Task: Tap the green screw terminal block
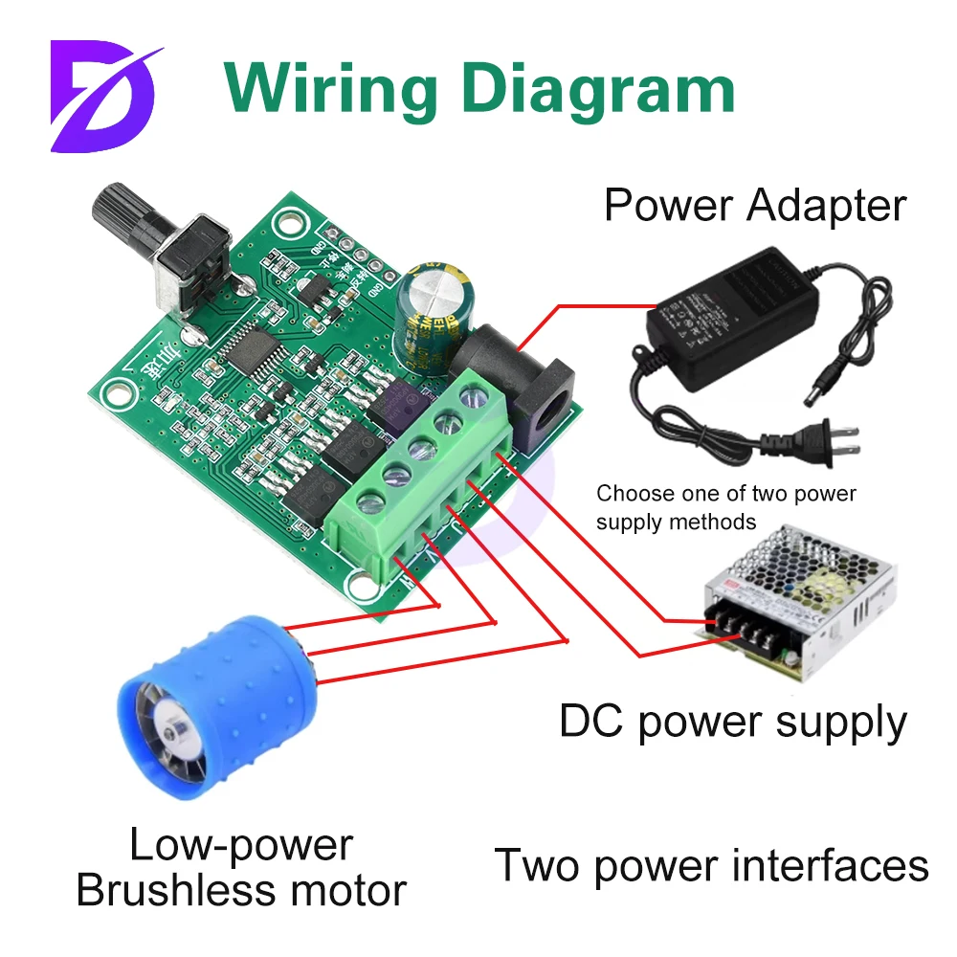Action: click(x=421, y=478)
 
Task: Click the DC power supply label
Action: click(x=733, y=723)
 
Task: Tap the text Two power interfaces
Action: click(x=711, y=865)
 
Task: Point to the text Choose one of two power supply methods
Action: click(x=725, y=507)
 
